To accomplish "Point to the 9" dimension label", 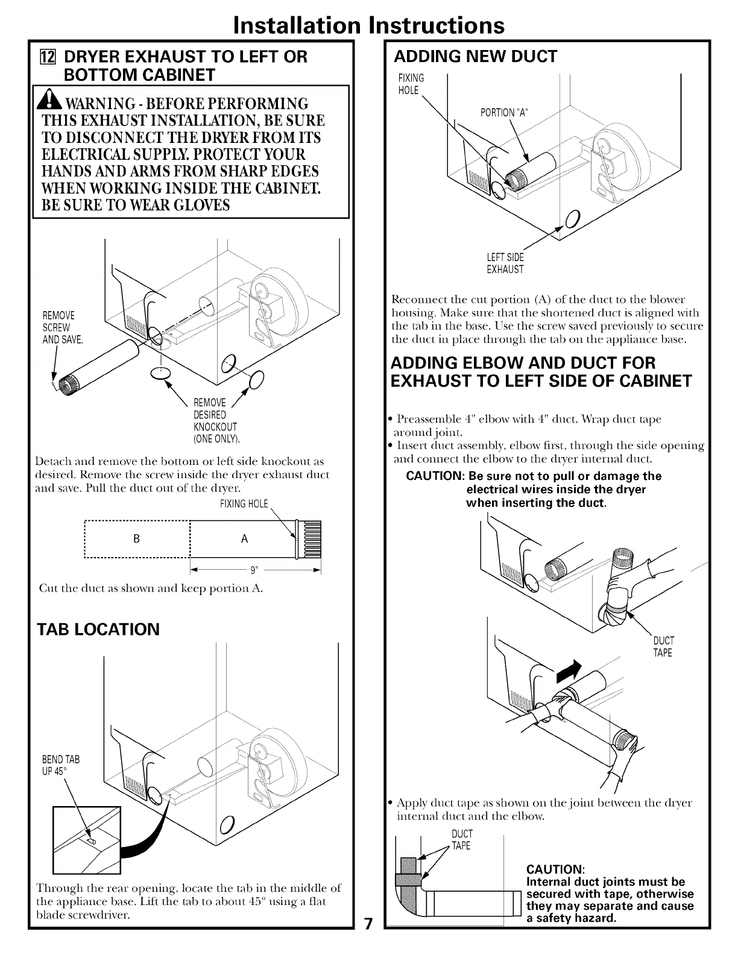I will tap(256, 570).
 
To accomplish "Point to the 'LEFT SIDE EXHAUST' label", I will tap(505, 263).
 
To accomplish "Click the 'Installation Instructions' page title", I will tap(369, 25).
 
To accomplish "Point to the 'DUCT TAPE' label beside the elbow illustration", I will tap(663, 646).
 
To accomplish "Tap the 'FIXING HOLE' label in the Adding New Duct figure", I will tap(411, 84).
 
